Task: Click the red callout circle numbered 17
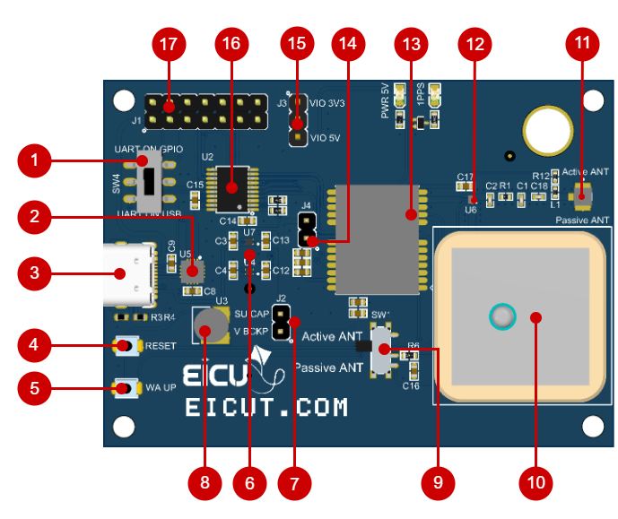(x=168, y=44)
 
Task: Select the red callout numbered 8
(x=205, y=482)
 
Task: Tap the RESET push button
(x=126, y=345)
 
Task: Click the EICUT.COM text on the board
(x=265, y=408)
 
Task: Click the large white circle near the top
(x=546, y=129)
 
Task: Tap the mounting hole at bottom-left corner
(x=124, y=423)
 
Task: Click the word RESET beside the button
(x=161, y=346)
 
